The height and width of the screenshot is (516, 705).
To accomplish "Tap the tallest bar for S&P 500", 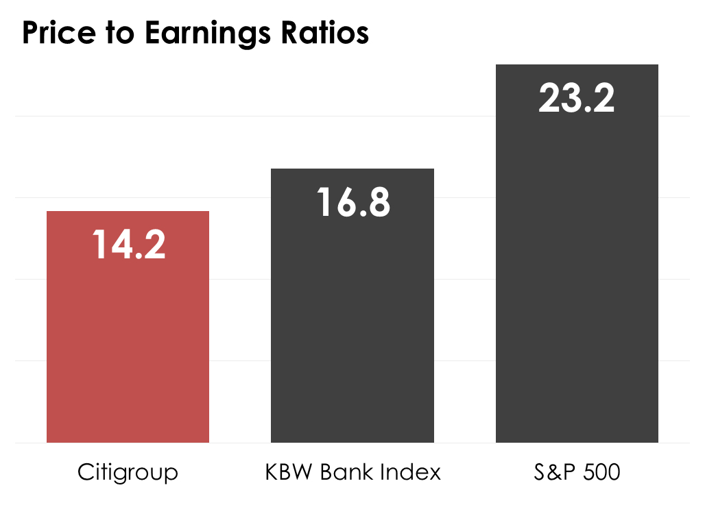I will point(577,274).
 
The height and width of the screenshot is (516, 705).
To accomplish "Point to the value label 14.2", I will point(129,245).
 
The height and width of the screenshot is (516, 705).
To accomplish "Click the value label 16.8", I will point(353,203).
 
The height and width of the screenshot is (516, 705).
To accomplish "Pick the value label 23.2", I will point(577,98).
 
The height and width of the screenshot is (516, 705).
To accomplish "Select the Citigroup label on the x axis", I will point(128,473).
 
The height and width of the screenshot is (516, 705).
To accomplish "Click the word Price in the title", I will point(56,33).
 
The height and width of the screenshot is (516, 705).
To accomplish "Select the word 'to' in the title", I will point(117,33).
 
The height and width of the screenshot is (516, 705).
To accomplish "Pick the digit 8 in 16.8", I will point(377,203).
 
